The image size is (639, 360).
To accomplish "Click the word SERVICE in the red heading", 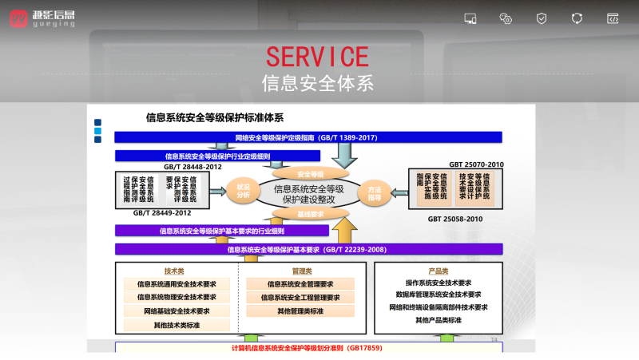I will point(318,57).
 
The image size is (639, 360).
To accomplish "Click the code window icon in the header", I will point(613,18).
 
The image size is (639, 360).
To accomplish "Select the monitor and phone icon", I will point(470,18).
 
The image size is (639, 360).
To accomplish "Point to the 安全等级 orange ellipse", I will point(310,173).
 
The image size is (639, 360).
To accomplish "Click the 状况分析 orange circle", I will point(244,191).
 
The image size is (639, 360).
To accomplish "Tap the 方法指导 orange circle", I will point(374,191).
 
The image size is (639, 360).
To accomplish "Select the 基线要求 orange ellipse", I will point(310,214).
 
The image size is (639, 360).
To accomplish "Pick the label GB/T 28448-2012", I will point(192,167).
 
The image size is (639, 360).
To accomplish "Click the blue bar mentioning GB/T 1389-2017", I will point(308,137).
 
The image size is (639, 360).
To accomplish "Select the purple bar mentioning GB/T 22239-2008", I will point(308,249).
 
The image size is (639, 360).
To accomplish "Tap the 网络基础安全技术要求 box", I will point(177,311).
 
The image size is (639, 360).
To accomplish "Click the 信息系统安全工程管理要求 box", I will point(300,297).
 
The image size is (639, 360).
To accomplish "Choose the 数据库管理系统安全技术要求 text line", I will point(438,295).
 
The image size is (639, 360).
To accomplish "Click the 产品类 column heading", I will point(439,271).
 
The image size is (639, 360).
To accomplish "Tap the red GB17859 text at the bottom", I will point(308,348).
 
